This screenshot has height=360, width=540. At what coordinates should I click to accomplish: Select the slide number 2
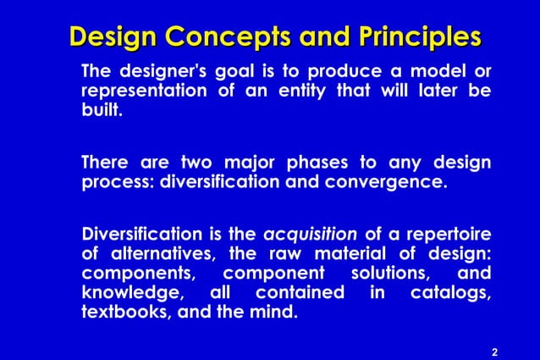pyautogui.click(x=494, y=351)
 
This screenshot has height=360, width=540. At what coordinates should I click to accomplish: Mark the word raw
pyautogui.click(x=289, y=254)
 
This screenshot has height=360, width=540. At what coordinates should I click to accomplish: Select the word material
pyautogui.click(x=349, y=254)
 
